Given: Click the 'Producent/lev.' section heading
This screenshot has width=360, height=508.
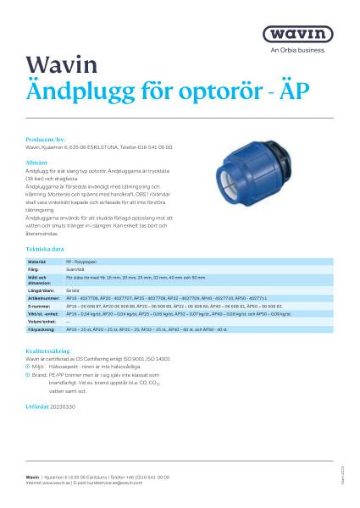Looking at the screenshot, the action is click(x=47, y=136).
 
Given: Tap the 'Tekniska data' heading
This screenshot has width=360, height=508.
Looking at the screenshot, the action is click(x=46, y=250).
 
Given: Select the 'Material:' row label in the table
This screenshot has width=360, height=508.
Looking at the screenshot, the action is click(x=38, y=263).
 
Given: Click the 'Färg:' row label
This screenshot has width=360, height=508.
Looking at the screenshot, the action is click(x=35, y=270).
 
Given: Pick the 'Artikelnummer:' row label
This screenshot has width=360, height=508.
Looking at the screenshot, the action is click(x=43, y=299).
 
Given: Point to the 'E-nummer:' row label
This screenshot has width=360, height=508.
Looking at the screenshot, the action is click(x=39, y=306).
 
